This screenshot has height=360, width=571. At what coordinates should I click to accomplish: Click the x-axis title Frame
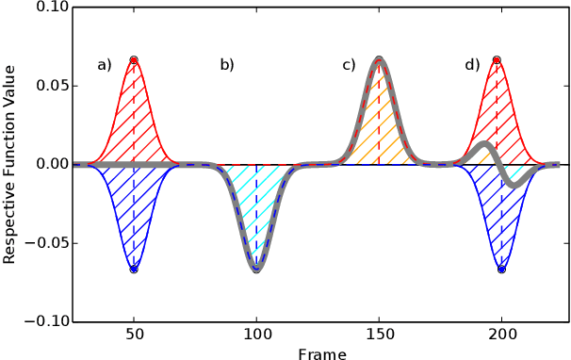coord(321,353)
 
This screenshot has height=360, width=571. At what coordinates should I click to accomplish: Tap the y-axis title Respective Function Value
coord(9,164)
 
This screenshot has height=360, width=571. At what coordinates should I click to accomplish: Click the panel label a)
coord(105,65)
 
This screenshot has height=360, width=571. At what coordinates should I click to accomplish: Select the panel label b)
coord(227,65)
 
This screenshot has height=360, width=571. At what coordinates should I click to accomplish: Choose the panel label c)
coord(349,65)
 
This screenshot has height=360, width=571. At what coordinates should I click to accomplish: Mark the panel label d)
coord(472,65)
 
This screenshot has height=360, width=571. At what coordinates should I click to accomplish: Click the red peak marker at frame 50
coord(134,59)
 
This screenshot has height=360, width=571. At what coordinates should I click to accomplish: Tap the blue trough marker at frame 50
coord(134,269)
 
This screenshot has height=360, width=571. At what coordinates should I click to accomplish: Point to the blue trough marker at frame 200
coord(501,269)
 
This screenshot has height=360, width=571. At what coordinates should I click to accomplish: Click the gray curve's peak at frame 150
coord(379,59)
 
